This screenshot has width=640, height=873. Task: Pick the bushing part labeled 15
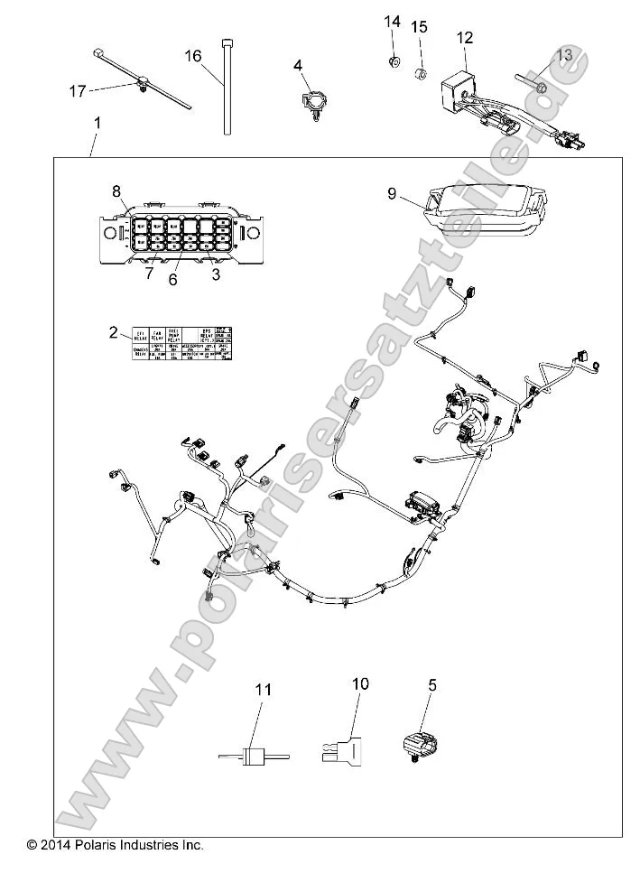tap(419, 71)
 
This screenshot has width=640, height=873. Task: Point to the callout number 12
tap(464, 38)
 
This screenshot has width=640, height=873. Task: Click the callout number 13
tap(564, 55)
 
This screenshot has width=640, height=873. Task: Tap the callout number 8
tap(116, 190)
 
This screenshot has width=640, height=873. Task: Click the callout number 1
tap(97, 122)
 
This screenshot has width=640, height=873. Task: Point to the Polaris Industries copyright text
tap(116, 845)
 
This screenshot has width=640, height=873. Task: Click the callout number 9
tap(392, 192)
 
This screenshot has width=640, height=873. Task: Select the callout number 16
tap(193, 56)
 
